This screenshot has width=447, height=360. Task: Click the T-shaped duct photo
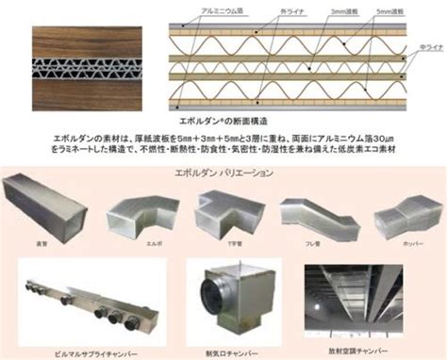click(x=223, y=215)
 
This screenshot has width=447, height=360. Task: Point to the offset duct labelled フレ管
click(x=314, y=215)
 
